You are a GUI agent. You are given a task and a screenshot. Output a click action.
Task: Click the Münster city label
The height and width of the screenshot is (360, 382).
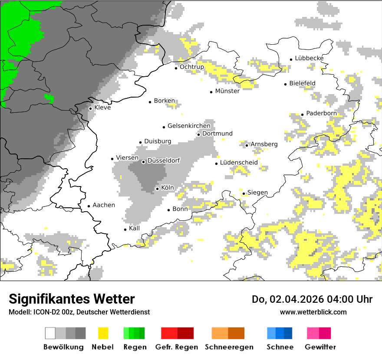pos(227,91)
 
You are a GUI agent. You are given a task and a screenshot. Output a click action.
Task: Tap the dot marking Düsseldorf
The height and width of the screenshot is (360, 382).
pos(143,162)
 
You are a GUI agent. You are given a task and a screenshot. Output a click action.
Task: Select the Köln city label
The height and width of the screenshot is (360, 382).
pos(167,188)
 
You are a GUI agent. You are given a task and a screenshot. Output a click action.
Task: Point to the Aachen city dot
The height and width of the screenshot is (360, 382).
pos(89,206)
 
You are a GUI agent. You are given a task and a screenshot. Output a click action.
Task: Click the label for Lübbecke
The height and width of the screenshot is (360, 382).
pos(309,58)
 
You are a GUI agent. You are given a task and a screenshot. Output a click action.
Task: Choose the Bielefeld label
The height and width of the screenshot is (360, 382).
pos(302,83)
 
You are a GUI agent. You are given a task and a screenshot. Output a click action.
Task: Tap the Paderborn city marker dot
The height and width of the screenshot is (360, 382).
pos(302,115)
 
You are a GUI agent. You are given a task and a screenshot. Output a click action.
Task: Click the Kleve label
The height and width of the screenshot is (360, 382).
pos(102,108)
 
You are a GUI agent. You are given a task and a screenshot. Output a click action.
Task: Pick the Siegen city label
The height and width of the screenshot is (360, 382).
pos(257,193)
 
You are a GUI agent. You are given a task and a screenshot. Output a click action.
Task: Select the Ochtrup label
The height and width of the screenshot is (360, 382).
pos(191,67)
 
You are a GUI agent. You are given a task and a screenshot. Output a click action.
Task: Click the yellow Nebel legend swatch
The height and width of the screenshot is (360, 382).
pos(103,333)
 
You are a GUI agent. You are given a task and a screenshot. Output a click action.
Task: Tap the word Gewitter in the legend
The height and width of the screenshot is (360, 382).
pos(320,347)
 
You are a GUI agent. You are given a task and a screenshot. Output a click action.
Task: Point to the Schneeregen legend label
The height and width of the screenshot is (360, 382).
pos(229,347)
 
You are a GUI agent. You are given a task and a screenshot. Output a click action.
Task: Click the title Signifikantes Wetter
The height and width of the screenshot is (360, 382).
pos(72,299)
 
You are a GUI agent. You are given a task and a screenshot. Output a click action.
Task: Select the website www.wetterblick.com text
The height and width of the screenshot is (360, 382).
pos(313,312)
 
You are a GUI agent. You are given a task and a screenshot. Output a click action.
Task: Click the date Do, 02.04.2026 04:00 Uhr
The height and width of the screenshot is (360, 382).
pos(312,299)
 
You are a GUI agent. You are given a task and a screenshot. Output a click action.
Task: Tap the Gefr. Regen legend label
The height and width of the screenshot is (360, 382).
pos(177,347)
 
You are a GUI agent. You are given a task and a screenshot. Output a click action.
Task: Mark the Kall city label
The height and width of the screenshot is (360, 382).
pos(134,228)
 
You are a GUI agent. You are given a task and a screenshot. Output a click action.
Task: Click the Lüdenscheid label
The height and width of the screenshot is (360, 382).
pos(239,163)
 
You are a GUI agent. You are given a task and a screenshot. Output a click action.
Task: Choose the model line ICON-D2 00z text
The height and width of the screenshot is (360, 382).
pos(79,312)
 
